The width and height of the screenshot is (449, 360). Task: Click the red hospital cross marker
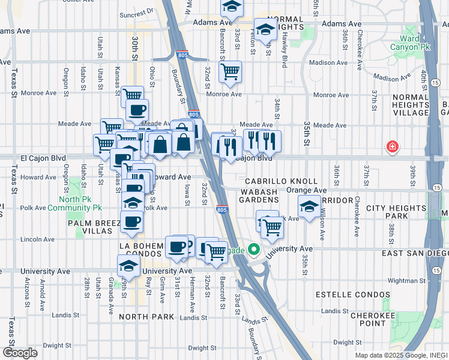[392, 146]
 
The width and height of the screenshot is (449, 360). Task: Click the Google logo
[20, 353]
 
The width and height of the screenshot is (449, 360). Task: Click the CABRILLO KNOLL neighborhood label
[281, 181]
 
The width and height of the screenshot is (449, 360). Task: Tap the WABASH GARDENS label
[262, 196]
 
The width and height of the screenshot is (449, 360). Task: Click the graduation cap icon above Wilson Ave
[309, 208]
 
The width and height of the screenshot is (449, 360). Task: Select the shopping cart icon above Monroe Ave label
[230, 72]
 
